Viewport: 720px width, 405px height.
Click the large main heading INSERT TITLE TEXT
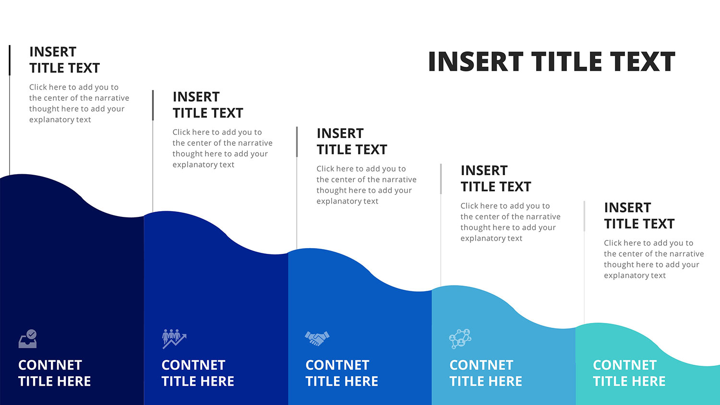click(552, 61)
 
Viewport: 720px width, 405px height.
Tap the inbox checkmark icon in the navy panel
click(28, 339)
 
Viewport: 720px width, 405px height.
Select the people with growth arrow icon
click(174, 339)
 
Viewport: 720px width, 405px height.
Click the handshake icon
click(317, 338)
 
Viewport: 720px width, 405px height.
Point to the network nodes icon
click(460, 339)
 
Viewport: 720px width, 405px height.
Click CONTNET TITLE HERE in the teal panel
click(629, 373)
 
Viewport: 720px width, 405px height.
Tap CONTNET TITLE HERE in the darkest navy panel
click(54, 373)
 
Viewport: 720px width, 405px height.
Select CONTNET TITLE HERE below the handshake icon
click(342, 373)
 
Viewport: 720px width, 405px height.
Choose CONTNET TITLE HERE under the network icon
click(486, 373)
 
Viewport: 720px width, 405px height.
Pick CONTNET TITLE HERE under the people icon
click(198, 373)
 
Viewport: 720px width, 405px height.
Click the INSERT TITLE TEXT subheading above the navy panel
click(65, 60)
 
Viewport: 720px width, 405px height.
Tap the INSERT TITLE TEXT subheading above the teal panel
click(639, 215)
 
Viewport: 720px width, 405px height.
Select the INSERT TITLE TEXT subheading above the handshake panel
click(352, 142)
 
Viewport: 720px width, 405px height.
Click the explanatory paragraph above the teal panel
click(654, 259)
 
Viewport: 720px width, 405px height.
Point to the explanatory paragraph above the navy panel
click(79, 103)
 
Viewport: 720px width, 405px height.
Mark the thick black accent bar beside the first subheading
click(10, 60)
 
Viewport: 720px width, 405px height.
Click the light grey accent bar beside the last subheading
click(584, 216)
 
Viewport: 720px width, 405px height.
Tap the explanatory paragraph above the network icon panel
click(510, 222)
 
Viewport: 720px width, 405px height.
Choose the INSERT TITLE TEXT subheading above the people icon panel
click(208, 105)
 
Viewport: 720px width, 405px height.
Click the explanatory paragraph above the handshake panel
click(366, 185)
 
